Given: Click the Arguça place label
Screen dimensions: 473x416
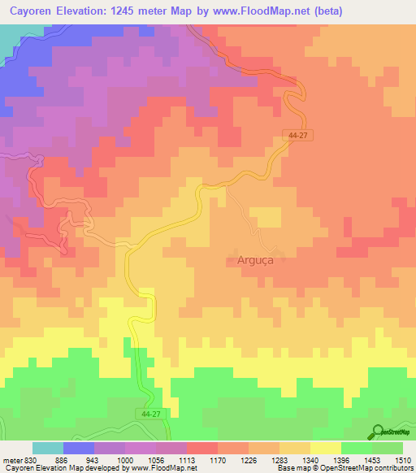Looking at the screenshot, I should pyautogui.click(x=247, y=262).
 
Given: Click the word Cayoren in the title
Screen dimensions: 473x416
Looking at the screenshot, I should pyautogui.click(x=33, y=11).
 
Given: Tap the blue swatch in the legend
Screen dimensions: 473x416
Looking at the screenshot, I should pyautogui.click(x=78, y=448).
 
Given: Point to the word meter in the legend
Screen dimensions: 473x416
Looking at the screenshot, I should pyautogui.click(x=10, y=460).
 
